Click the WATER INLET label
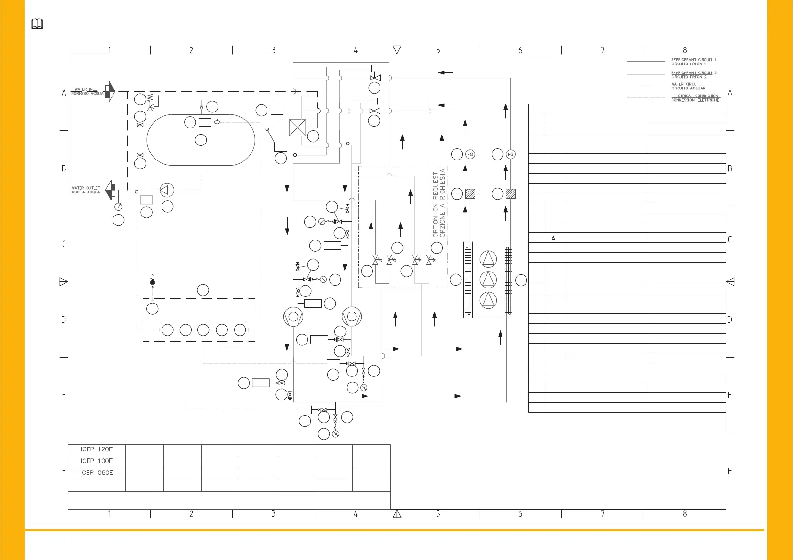87,89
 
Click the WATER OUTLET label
86,188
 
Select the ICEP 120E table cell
97,449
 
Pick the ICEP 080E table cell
97,473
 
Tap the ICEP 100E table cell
97,461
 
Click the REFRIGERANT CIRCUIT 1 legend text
693,60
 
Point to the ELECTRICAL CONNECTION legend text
695,96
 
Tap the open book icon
37,24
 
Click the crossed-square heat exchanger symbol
297,128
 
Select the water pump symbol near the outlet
166,190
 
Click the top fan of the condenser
488,259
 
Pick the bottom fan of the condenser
488,300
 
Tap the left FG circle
470,154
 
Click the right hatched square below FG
510,193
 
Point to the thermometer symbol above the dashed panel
152,280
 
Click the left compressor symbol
293,317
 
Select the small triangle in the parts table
553,238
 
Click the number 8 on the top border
685,50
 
